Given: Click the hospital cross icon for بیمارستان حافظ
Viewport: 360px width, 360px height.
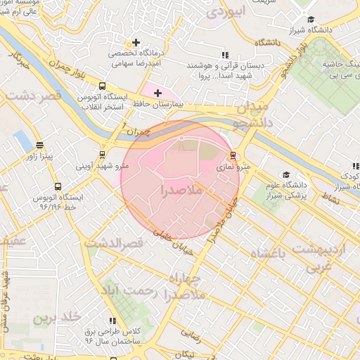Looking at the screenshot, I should [x=157, y=93].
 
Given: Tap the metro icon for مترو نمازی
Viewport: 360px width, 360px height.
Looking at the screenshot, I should [x=233, y=155].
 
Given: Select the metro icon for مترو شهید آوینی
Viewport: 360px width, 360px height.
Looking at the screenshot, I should [x=103, y=155].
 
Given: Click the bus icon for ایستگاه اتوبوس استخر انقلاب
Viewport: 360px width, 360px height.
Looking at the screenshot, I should [x=103, y=86].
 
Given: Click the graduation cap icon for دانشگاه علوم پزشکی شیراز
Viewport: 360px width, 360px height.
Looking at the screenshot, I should [x=285, y=174].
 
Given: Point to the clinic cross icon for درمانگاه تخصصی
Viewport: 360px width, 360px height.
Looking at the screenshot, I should [x=136, y=42].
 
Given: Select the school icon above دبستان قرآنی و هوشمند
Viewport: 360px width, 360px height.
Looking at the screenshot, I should [x=225, y=54].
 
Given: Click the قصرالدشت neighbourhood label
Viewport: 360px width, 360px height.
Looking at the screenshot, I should [x=115, y=243].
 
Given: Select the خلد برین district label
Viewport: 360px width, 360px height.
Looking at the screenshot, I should [x=53, y=319].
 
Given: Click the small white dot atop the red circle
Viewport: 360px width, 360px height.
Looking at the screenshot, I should [x=181, y=138].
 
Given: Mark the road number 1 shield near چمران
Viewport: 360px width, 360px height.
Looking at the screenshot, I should [x=124, y=126].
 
